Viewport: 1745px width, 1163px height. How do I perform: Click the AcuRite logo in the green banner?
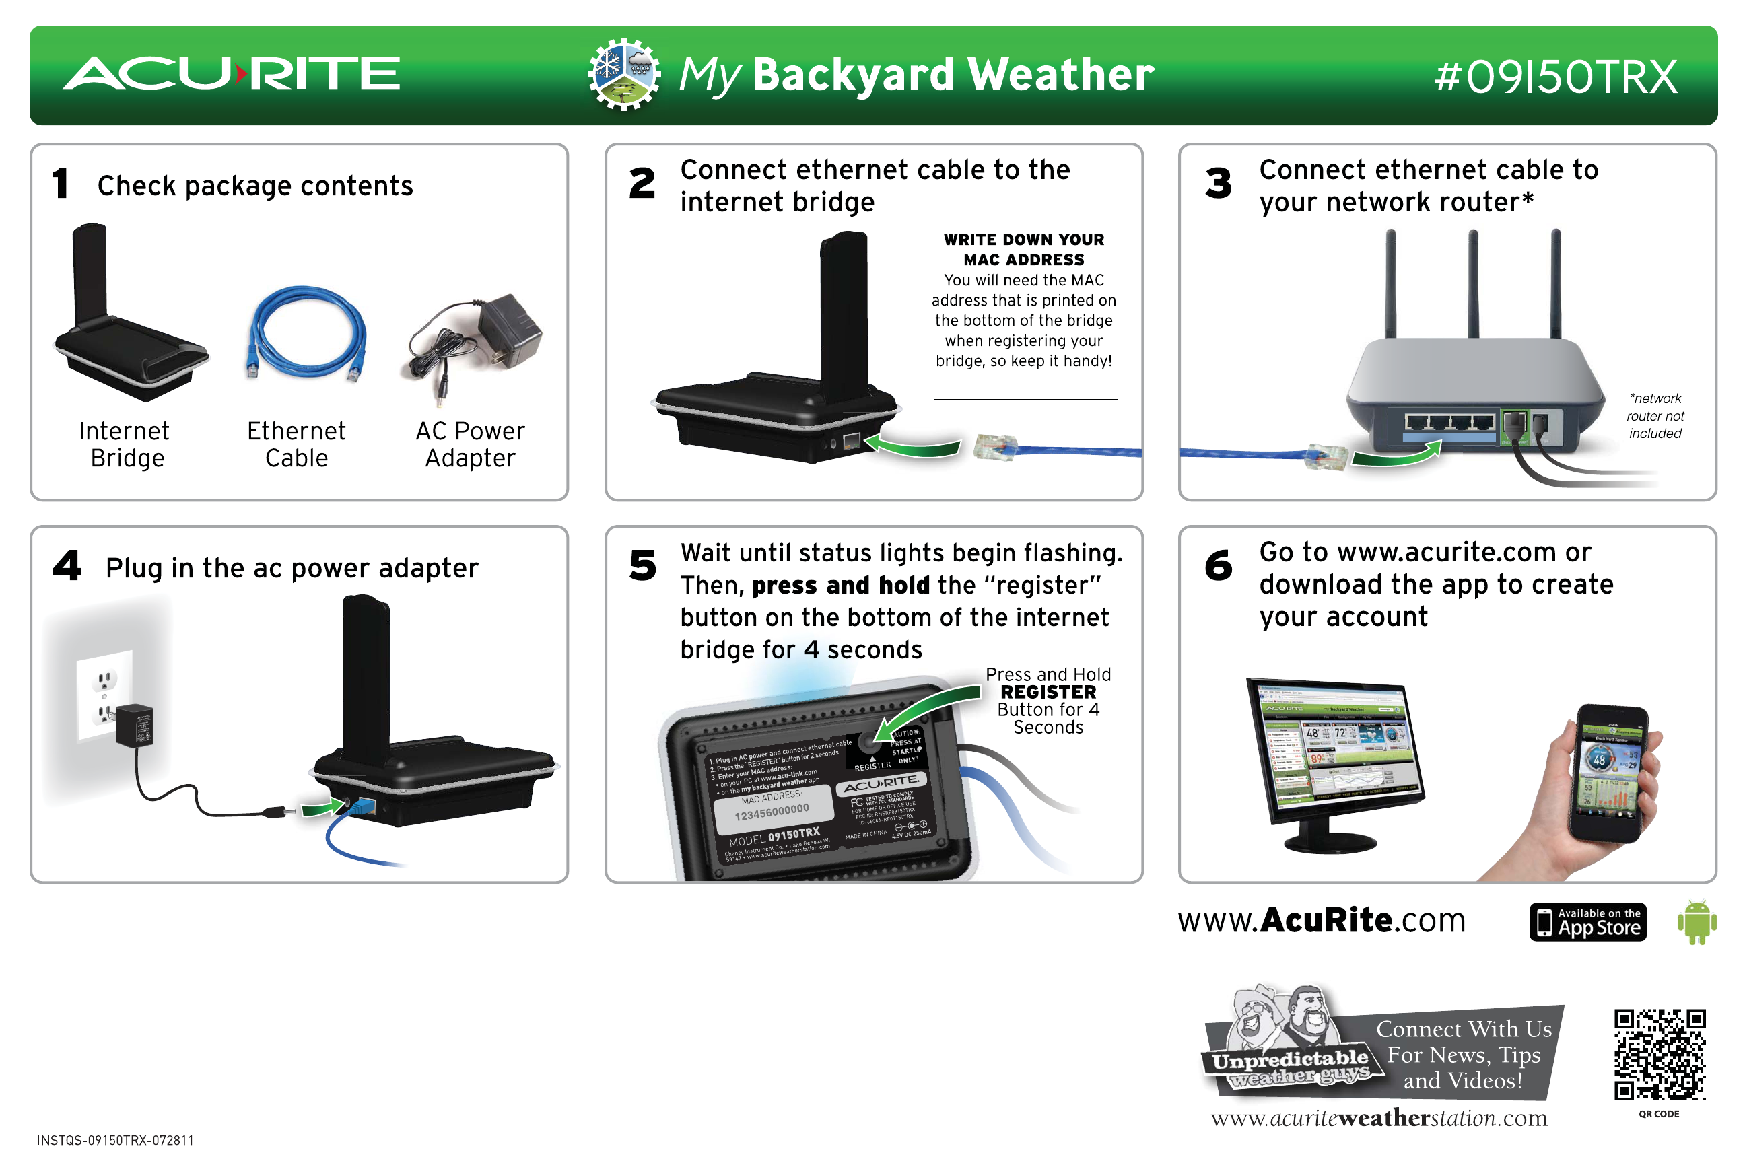click(x=232, y=73)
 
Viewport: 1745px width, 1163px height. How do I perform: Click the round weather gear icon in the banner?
click(x=623, y=74)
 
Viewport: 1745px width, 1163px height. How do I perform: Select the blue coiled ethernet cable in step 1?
click(x=306, y=332)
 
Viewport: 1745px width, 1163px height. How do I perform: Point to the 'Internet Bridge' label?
click(x=125, y=444)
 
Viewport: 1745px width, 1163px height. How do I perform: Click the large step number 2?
click(x=642, y=183)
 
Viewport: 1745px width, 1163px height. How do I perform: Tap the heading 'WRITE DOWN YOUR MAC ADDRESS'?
click(x=1023, y=249)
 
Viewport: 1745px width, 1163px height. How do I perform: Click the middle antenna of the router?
click(x=1473, y=282)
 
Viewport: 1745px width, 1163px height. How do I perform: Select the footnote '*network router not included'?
click(x=1655, y=416)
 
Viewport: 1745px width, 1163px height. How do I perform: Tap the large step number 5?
click(x=642, y=565)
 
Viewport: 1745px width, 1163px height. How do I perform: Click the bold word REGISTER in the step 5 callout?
click(x=1048, y=692)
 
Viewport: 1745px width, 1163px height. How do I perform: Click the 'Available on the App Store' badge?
click(x=1587, y=922)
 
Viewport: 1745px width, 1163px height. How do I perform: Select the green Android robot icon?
click(x=1696, y=922)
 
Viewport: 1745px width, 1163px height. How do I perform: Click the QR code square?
click(x=1660, y=1054)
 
